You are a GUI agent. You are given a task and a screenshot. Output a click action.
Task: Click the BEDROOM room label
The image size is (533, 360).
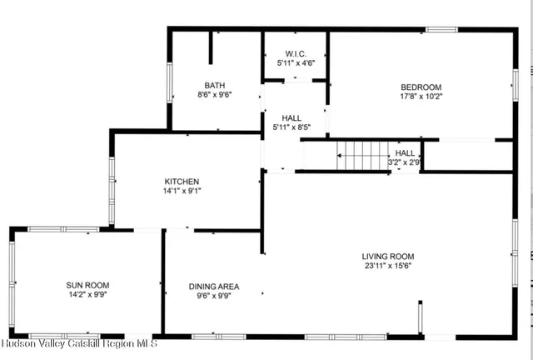tap(421, 87)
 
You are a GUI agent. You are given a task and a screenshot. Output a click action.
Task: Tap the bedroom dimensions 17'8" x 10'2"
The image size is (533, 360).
tap(421, 96)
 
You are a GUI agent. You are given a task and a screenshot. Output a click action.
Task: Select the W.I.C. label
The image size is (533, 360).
tap(295, 53)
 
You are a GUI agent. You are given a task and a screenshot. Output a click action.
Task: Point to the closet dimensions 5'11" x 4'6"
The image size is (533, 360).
tap(295, 62)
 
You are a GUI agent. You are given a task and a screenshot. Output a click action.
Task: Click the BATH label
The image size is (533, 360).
tap(215, 85)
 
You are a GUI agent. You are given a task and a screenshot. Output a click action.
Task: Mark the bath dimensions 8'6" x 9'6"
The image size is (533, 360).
tap(215, 94)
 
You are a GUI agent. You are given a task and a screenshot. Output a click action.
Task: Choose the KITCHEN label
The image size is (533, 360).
tap(182, 181)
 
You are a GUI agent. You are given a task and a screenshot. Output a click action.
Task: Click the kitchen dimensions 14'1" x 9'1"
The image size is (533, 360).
tap(182, 190)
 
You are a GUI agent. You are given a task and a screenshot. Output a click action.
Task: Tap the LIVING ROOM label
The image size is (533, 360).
tap(387, 256)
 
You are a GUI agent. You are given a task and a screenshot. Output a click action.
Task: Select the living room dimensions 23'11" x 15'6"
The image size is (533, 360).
tap(387, 266)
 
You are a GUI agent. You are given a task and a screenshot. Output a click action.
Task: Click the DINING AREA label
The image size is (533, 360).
tap(213, 286)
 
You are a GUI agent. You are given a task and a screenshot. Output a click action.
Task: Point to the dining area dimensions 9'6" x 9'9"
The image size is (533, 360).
tap(213, 295)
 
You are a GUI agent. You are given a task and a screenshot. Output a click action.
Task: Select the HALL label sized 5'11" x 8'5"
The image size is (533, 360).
tap(291, 118)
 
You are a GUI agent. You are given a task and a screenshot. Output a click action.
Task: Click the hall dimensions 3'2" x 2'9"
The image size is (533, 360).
tap(405, 162)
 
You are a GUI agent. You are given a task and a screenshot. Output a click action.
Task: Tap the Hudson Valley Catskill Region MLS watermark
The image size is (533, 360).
tap(67, 343)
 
